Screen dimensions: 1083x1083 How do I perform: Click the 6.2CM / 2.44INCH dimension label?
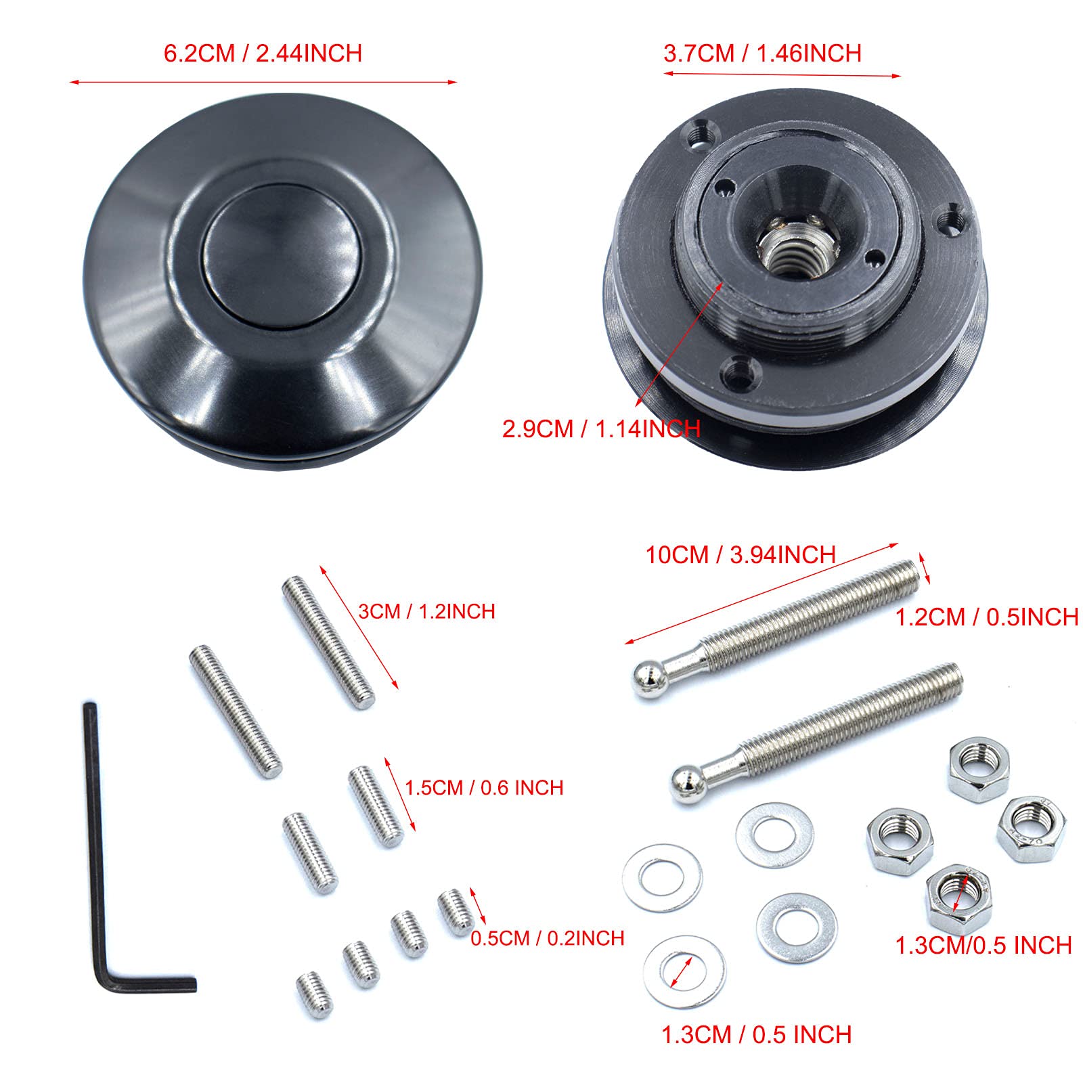click(x=263, y=53)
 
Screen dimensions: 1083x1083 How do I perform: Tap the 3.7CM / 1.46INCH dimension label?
click(x=762, y=53)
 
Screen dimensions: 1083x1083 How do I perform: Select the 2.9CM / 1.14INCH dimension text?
click(x=600, y=428)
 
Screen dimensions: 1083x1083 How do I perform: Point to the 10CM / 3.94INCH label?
click(x=741, y=555)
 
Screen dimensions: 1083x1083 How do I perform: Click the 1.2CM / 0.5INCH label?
click(x=986, y=617)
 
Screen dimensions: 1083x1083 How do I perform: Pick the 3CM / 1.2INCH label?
click(x=426, y=611)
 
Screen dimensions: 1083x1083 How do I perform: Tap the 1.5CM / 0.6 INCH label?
click(x=484, y=787)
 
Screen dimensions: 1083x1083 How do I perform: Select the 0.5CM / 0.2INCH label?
click(x=547, y=938)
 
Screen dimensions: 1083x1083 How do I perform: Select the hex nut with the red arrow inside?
click(x=958, y=898)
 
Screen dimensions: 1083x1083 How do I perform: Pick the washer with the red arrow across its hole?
click(x=684, y=972)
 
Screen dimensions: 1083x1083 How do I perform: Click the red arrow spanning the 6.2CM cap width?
click(x=263, y=83)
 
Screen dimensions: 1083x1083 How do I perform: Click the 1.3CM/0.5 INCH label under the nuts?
click(x=983, y=946)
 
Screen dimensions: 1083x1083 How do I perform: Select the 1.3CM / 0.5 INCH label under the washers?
click(x=756, y=1034)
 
